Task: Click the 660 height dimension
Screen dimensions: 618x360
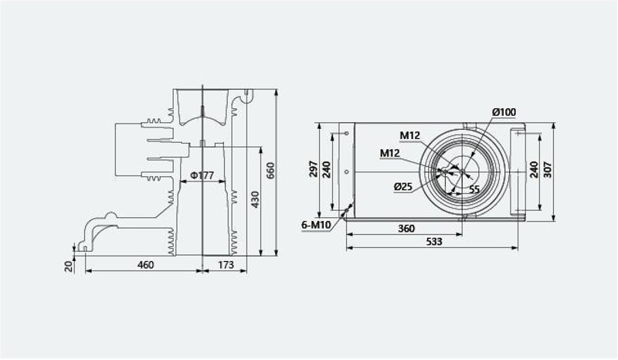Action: pyautogui.click(x=270, y=170)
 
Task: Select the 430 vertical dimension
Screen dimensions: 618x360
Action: pyautogui.click(x=256, y=199)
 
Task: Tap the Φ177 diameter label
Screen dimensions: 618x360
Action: pyautogui.click(x=202, y=175)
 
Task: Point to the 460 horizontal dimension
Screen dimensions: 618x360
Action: pyautogui.click(x=145, y=264)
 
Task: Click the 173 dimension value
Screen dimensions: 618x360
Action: pyautogui.click(x=226, y=264)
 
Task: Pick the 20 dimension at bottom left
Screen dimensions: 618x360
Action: pyautogui.click(x=69, y=266)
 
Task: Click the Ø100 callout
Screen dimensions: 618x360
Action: pyautogui.click(x=504, y=112)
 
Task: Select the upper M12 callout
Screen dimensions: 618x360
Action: pyautogui.click(x=410, y=136)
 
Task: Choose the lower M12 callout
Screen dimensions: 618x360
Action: pyautogui.click(x=390, y=153)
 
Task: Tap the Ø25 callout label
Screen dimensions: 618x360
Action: pyautogui.click(x=402, y=186)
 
